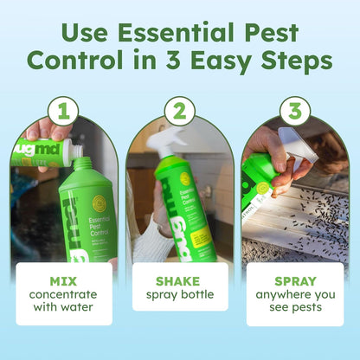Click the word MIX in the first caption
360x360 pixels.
click(x=63, y=282)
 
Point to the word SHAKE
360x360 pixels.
click(x=180, y=282)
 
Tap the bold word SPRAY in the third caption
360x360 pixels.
click(x=294, y=282)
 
